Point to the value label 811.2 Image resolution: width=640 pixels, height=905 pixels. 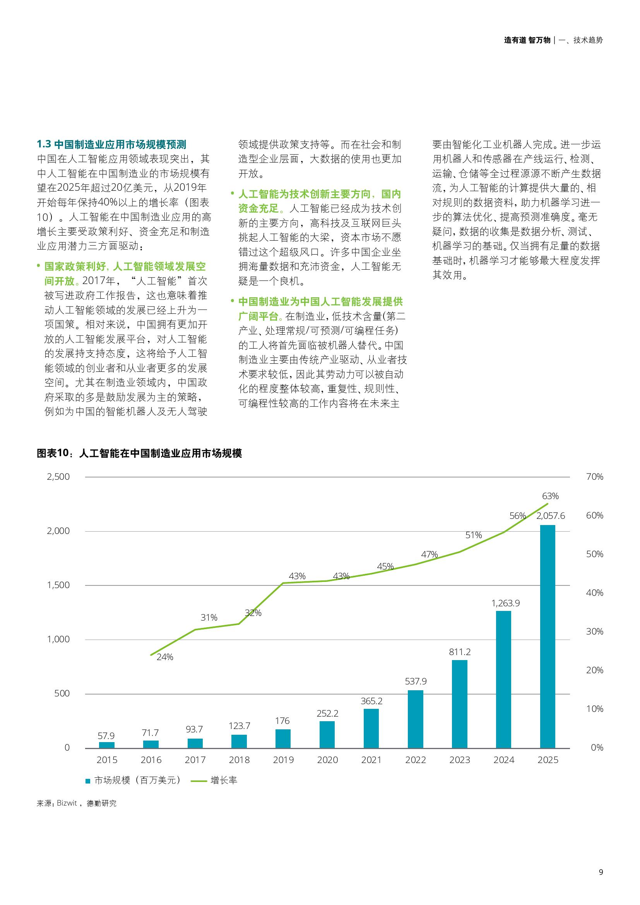(x=460, y=652)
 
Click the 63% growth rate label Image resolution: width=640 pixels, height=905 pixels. (x=550, y=496)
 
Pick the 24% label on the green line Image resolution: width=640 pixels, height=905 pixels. (x=165, y=657)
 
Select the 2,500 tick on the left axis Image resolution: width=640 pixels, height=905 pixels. (x=58, y=477)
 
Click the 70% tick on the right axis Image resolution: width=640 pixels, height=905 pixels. (x=595, y=477)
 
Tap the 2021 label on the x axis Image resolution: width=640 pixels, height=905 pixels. (x=371, y=760)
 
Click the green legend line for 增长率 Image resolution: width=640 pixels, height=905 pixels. (x=199, y=781)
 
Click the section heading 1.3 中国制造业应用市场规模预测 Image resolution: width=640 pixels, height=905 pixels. (x=111, y=144)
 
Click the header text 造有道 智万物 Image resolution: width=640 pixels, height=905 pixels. (x=527, y=40)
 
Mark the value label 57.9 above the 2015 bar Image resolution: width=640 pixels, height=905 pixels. (x=106, y=736)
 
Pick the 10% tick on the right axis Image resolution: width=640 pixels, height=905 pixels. (x=595, y=709)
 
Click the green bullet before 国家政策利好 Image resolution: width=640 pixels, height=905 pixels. (x=39, y=267)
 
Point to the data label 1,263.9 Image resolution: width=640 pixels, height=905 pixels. (x=505, y=603)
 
